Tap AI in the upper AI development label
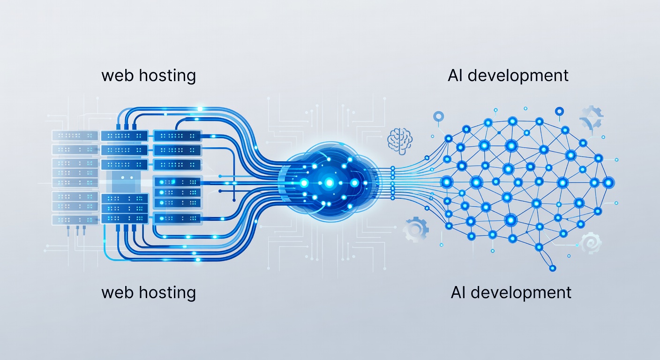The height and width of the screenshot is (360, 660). pos(455,75)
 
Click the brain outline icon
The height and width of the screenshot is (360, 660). pos(400,141)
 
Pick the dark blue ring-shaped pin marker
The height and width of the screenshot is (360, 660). pos(559,112)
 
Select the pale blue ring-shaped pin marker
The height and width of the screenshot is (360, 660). pos(438,117)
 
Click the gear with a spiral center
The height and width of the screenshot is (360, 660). pos(591,243)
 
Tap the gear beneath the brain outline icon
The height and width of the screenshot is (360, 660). pos(415,229)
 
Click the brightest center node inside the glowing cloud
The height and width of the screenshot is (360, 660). pos(329,183)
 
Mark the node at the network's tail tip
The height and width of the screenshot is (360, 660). pos(553,268)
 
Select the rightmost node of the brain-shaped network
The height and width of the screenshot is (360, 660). pos(608,183)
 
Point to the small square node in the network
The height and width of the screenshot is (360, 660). pos(499,133)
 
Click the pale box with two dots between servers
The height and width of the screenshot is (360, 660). pos(126,178)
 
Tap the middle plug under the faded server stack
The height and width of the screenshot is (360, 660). pos(78,230)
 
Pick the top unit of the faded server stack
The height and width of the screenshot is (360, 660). pos(75,135)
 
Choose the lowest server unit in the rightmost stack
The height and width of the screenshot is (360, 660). pos(178,218)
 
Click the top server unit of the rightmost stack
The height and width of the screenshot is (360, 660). pos(177,136)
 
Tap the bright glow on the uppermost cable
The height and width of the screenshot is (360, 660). pos(200,109)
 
